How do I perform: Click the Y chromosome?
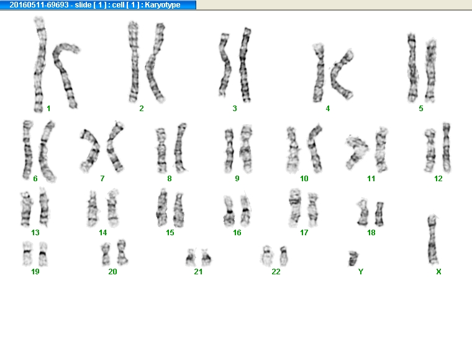point(353,258)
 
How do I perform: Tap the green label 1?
point(49,109)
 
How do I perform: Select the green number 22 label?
point(276,272)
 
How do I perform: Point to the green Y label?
point(361,272)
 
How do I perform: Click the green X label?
point(438,272)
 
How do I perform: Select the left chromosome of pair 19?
point(27,253)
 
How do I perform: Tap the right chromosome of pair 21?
point(206,258)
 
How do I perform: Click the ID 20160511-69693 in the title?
point(39,5)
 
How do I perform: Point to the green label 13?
point(35,233)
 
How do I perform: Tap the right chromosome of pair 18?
point(379,214)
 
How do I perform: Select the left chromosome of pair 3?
point(225,65)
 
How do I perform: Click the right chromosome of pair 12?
point(447,147)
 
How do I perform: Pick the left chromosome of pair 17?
point(294,207)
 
